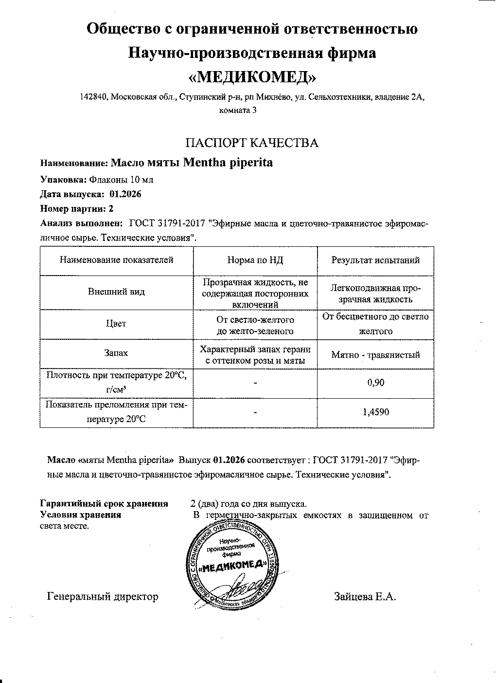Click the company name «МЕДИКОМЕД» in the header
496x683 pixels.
tap(252, 76)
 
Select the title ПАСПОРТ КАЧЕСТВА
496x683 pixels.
tap(252, 143)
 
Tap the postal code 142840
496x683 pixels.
tap(94, 97)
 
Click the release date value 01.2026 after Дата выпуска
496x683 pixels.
tap(125, 194)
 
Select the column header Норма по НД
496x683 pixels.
tap(255, 260)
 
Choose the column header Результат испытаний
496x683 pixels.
tap(375, 260)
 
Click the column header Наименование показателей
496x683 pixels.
tap(116, 260)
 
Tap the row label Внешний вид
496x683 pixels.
tap(116, 292)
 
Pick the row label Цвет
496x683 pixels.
tap(116, 324)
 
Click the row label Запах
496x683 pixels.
tap(116, 354)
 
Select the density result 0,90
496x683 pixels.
tap(375, 383)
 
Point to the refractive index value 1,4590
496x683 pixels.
tap(375, 413)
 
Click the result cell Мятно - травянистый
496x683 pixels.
tap(375, 355)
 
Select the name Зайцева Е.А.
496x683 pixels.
tap(365, 596)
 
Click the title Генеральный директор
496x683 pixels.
tap(103, 596)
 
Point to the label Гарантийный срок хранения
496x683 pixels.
tap(104, 504)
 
